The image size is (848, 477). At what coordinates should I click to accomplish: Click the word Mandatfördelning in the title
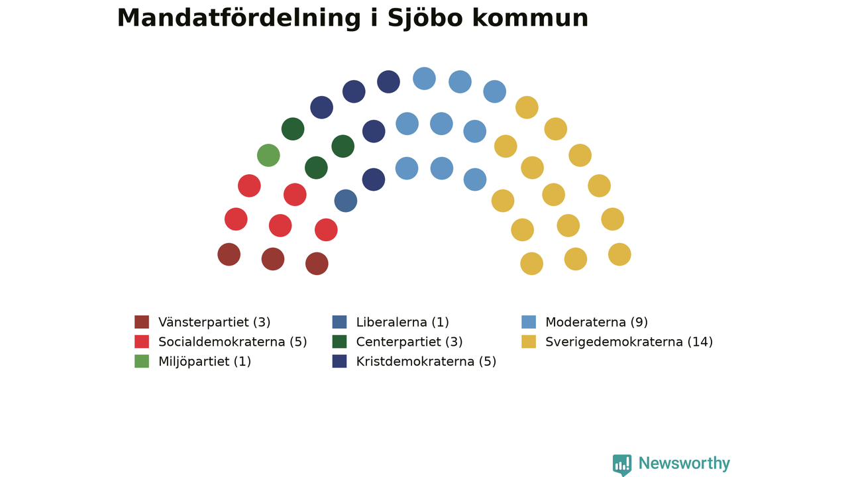click(239, 19)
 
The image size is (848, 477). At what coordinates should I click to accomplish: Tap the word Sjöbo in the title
click(425, 19)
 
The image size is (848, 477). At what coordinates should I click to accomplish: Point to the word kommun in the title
click(530, 19)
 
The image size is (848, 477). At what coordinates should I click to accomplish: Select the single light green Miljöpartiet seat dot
click(268, 155)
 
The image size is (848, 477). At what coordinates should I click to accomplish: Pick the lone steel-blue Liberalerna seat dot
click(346, 201)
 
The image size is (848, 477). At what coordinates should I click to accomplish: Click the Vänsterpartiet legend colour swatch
click(142, 322)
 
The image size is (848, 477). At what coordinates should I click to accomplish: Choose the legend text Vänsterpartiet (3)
click(214, 322)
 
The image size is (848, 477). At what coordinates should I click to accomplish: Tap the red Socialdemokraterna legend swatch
click(142, 341)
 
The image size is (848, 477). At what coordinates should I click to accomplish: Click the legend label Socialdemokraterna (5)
click(233, 342)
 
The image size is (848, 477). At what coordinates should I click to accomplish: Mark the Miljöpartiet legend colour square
click(142, 361)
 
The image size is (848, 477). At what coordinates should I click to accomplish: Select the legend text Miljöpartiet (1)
click(205, 362)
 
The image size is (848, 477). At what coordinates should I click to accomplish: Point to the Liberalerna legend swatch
click(339, 322)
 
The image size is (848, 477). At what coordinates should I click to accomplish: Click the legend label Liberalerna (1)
click(402, 322)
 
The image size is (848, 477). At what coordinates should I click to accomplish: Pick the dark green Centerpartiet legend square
click(339, 341)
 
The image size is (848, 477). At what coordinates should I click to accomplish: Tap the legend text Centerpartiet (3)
click(409, 342)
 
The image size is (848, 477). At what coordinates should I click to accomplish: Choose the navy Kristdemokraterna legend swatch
click(339, 361)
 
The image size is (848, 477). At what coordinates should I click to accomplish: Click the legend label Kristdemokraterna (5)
click(426, 362)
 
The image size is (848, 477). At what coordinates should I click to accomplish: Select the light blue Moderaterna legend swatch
click(529, 322)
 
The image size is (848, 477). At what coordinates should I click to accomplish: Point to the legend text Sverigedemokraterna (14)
click(629, 342)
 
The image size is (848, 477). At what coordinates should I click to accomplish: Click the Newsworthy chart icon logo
click(622, 464)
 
